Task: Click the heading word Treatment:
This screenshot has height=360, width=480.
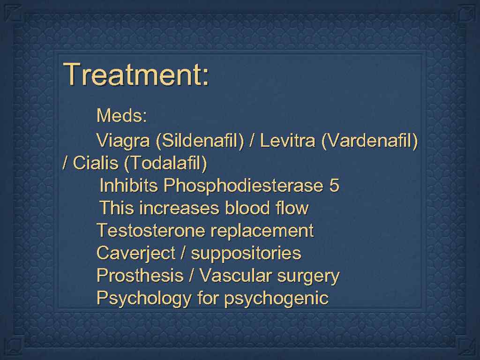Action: [136, 74]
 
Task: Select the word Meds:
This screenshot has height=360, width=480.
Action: [122, 115]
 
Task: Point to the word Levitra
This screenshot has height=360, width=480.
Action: [287, 141]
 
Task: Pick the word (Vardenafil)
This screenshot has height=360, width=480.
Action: [369, 141]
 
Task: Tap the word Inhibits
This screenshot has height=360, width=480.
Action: [129, 186]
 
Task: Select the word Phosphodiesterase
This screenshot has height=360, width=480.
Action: [243, 186]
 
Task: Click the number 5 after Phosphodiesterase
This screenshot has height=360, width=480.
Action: [334, 186]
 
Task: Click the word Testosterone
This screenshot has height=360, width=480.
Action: [150, 231]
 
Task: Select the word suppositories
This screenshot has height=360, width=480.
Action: [246, 253]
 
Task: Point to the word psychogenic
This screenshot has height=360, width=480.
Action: [277, 298]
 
